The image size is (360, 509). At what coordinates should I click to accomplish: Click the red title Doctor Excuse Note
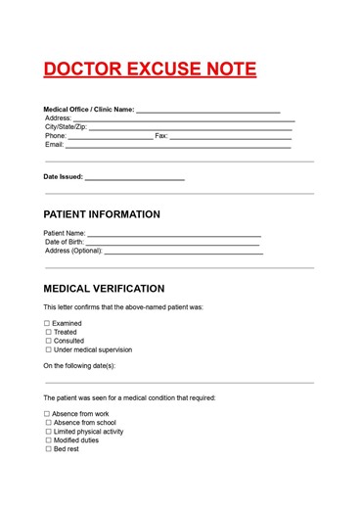150,69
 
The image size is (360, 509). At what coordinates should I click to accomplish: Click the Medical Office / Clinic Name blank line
208,113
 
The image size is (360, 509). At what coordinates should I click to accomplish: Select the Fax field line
231,138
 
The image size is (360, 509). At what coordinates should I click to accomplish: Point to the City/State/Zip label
66,126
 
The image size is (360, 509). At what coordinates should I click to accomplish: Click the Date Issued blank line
134,180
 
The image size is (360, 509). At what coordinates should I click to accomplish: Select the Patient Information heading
102,214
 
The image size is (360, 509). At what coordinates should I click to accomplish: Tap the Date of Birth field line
174,244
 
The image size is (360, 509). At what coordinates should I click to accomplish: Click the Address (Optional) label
73,251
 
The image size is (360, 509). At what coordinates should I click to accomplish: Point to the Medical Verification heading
104,289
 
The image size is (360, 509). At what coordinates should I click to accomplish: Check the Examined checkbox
47,323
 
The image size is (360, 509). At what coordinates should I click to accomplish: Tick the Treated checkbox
48,332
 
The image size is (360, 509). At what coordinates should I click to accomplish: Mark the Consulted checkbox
48,341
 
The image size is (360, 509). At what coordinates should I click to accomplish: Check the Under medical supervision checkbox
48,349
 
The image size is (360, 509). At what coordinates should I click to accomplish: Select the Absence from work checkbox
47,414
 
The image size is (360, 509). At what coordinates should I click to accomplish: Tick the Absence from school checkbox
48,423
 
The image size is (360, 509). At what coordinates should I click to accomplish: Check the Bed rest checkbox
48,448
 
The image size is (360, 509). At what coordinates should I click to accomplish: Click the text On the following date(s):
79,365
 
